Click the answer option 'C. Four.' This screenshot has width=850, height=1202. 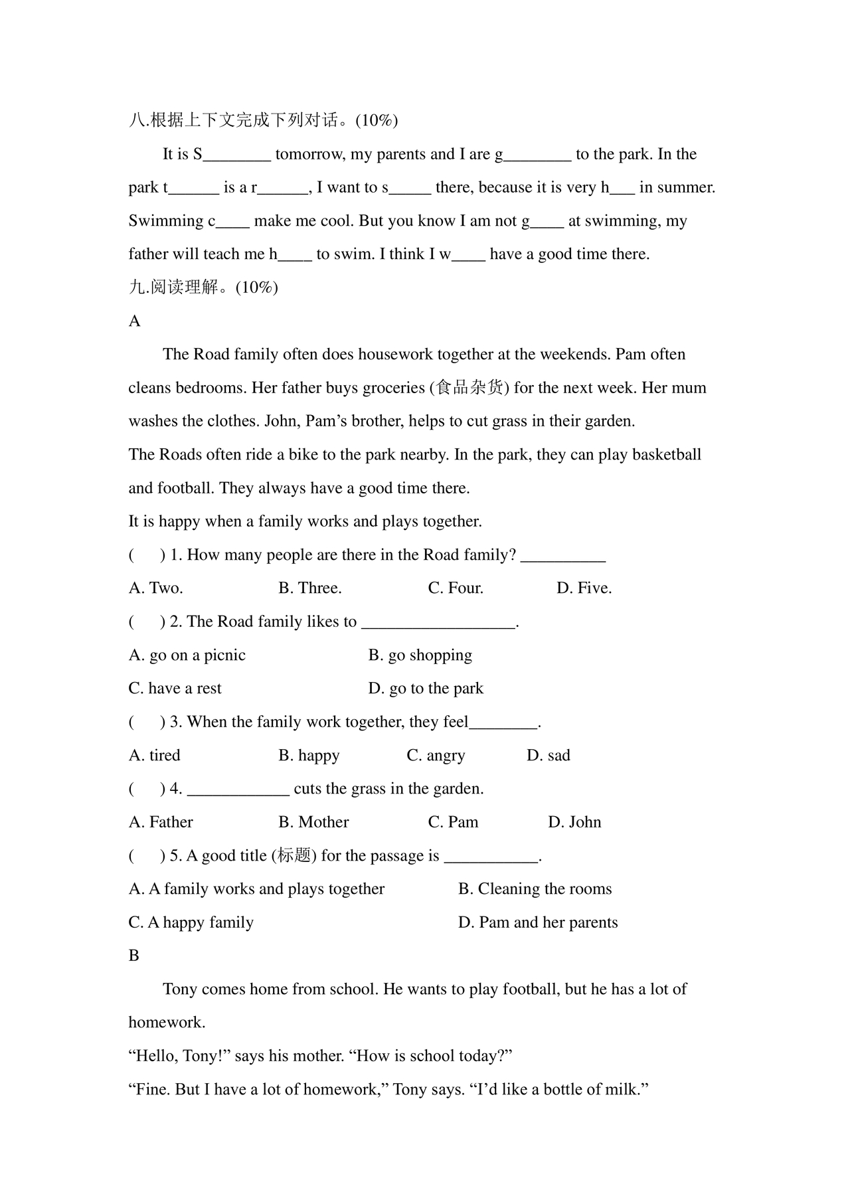456,588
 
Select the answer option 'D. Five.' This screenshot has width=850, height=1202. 584,588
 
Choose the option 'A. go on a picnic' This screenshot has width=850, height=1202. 187,655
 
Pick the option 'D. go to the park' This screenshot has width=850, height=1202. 426,689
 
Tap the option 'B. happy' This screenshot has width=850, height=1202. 309,756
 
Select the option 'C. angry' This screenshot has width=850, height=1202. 436,756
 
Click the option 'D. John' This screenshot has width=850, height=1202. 574,822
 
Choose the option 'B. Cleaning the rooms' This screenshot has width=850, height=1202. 535,889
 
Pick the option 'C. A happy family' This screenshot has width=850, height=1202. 191,922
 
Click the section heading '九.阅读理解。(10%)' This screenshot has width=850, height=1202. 203,288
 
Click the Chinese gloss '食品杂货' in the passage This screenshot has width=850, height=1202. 469,388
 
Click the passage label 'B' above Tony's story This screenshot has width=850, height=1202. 134,956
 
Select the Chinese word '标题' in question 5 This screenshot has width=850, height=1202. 294,856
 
